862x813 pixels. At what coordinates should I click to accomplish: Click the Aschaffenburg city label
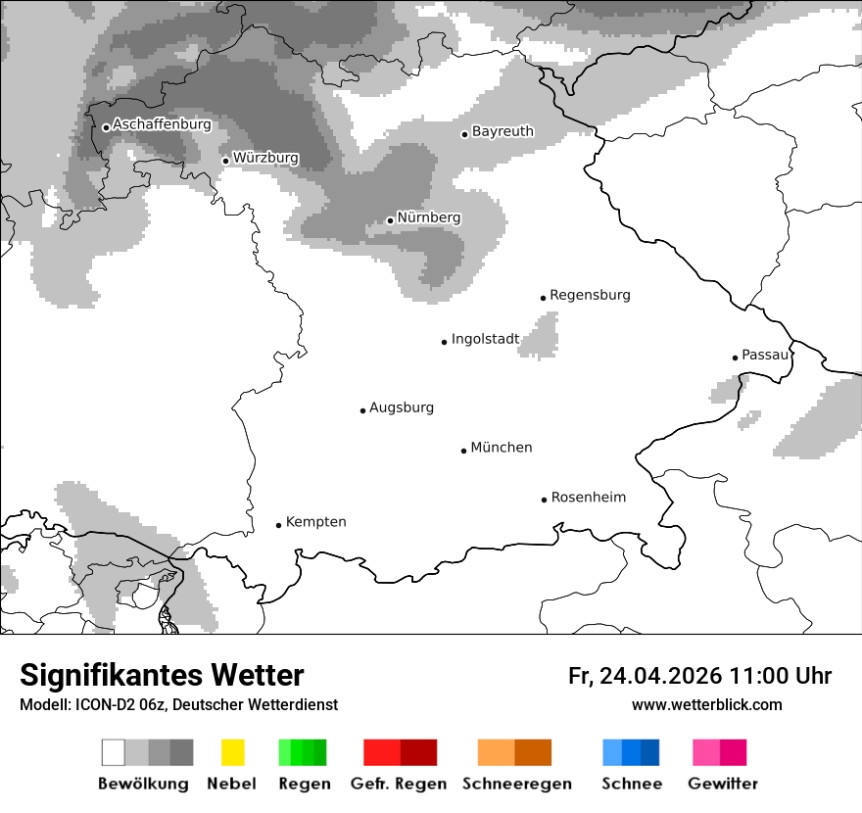coord(162,125)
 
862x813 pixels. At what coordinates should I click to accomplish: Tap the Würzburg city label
coord(265,158)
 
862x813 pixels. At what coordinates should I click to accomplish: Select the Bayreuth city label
coord(503,131)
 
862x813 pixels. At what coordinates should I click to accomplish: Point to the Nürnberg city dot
coord(390,220)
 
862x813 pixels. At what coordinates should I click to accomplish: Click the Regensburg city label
coord(590,295)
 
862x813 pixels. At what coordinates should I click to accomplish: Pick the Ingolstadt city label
coord(485,339)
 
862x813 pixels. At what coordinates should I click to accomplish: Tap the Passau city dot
coord(735,358)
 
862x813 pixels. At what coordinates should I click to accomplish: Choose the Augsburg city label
coord(401,407)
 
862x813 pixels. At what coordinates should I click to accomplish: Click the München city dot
coord(463,451)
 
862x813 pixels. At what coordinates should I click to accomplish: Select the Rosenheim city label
coord(588,498)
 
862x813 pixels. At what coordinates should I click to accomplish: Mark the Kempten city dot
coord(278,525)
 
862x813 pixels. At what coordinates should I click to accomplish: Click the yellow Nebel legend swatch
coord(232,752)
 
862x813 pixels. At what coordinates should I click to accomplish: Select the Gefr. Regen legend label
coord(399,784)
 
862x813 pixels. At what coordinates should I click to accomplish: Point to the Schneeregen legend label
coord(516,784)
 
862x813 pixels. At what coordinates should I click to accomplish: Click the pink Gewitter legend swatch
coord(705,752)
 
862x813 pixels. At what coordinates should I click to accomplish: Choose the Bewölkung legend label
coord(143,784)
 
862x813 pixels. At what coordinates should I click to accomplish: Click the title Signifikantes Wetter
coord(162,676)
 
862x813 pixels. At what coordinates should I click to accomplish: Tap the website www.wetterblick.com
coord(706,705)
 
